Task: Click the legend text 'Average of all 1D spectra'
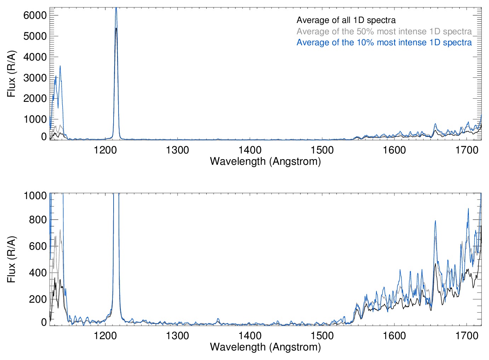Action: pos(346,21)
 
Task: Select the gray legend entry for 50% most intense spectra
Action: pos(384,31)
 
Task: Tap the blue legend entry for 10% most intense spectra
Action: pos(384,42)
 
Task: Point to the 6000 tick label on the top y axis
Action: pos(35,15)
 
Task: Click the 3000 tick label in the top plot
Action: pos(35,78)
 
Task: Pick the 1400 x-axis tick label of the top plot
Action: pos(250,150)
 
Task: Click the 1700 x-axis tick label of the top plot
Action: pos(466,150)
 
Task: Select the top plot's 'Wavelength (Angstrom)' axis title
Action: pos(265,161)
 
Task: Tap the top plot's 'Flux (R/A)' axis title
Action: pos(12,74)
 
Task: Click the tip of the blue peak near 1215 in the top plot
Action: pos(116,8)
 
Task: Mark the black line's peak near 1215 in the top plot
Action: pos(116,28)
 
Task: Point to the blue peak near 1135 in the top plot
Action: pos(60,66)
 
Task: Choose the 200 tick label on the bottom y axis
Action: pos(39,299)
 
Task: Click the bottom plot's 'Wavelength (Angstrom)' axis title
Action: pos(265,347)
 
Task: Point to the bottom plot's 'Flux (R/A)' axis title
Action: pos(12,259)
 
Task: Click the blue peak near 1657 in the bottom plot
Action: pos(435,221)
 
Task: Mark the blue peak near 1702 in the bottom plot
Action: pos(468,209)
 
